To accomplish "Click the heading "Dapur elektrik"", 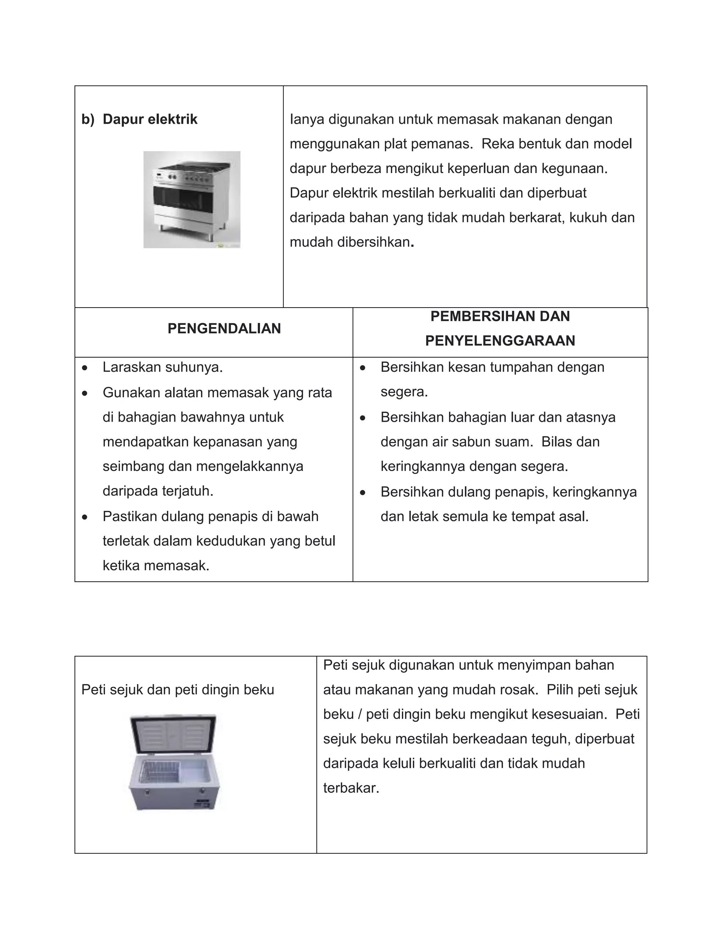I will [149, 119].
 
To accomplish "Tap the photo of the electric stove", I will [192, 200].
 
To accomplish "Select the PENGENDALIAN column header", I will [224, 328].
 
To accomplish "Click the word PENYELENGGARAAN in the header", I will [500, 341].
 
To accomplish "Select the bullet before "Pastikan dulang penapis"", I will [85, 517].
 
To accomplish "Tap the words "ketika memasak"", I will [156, 565].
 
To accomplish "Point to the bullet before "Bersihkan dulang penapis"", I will [363, 492].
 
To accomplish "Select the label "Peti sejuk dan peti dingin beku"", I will [177, 690].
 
